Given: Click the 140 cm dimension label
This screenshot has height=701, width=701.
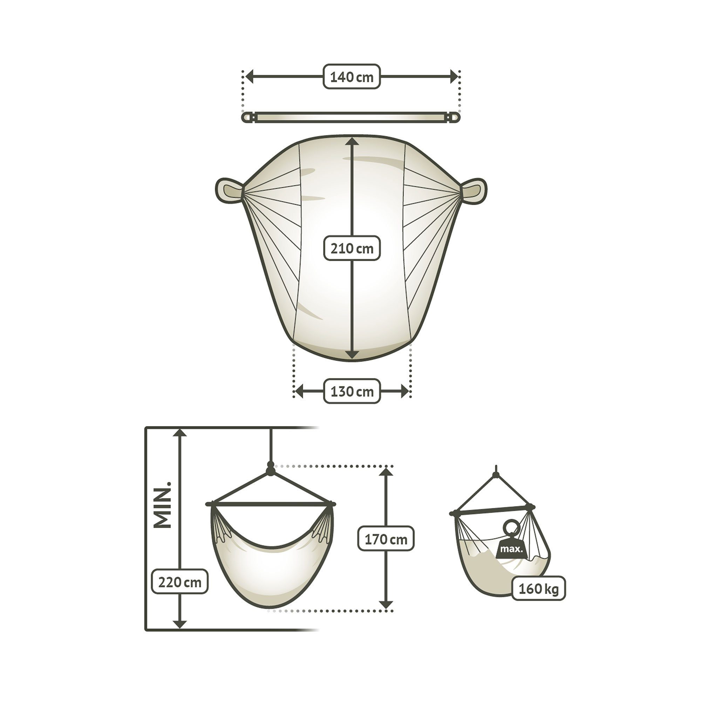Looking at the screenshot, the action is click(352, 76).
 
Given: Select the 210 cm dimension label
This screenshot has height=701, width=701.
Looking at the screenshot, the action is click(352, 249).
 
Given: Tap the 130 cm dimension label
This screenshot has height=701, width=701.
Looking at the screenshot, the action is click(352, 392).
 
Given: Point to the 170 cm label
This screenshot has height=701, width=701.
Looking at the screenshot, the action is click(386, 539).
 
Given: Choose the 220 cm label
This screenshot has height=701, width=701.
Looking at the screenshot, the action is click(179, 582).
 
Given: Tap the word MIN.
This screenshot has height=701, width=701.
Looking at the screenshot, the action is click(162, 505).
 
